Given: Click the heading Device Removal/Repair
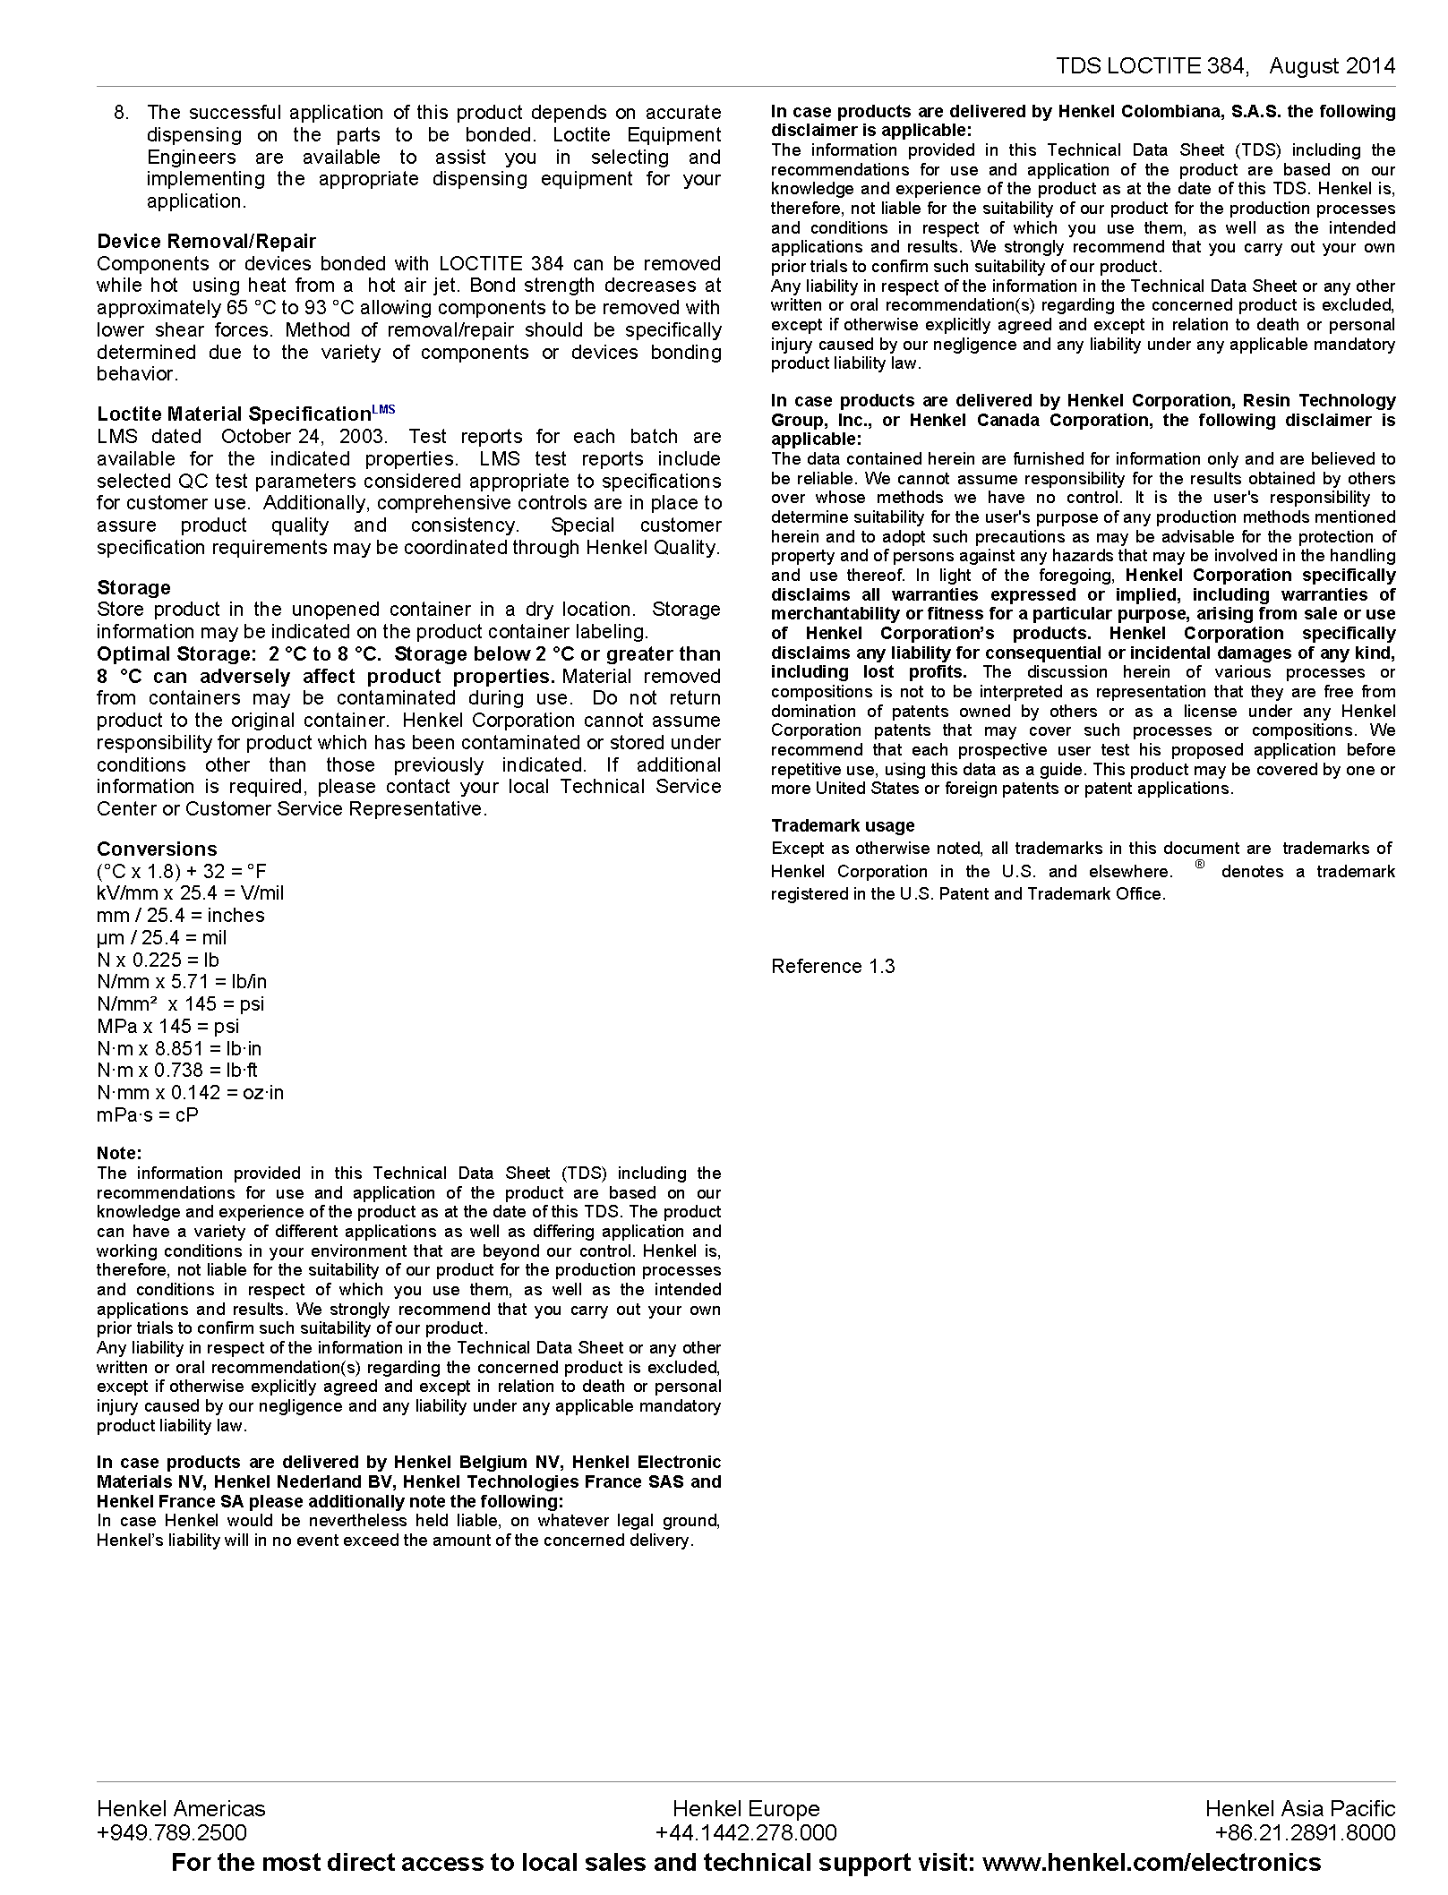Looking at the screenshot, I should (206, 241).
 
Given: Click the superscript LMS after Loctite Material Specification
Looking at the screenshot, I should (383, 410).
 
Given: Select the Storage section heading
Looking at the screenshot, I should (133, 587).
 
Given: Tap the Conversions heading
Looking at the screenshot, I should (157, 849).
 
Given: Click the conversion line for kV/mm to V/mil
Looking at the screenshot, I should (190, 892).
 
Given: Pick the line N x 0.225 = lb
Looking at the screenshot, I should (158, 960).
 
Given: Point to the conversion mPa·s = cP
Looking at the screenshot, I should (148, 1114).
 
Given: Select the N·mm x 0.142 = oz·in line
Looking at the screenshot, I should (190, 1092).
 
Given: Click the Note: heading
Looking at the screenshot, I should (119, 1153).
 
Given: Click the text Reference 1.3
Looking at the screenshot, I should (833, 966).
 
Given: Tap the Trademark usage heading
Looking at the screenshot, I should (843, 825).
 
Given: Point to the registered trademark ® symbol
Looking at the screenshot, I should (1200, 865).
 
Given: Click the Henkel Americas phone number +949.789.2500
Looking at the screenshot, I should (172, 1832).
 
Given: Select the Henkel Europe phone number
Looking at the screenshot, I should (746, 1832).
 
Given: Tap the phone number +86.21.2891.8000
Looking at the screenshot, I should (1305, 1832).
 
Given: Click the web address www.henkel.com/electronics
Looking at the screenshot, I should (1152, 1863).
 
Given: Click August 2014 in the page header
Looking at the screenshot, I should (1332, 65).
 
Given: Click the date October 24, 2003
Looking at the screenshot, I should (304, 436).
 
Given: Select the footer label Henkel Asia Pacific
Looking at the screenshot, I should (1300, 1808).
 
